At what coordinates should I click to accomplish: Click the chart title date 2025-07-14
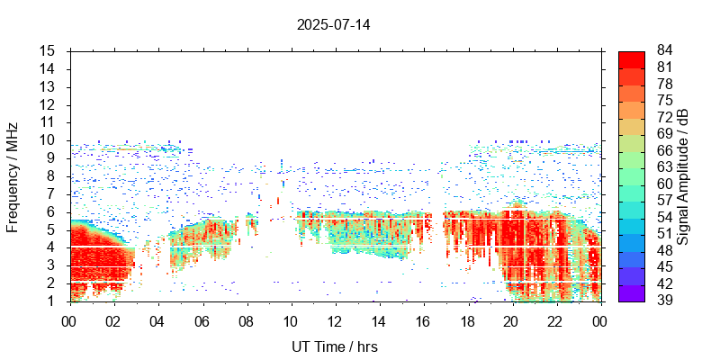[x=333, y=24]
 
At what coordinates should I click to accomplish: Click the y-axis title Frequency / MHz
[x=13, y=176]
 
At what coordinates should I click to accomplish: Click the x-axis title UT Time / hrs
[x=333, y=346]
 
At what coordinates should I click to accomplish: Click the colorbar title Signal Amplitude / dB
[x=683, y=176]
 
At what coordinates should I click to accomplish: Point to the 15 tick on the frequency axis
[x=49, y=51]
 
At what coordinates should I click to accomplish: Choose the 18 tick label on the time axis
[x=467, y=321]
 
